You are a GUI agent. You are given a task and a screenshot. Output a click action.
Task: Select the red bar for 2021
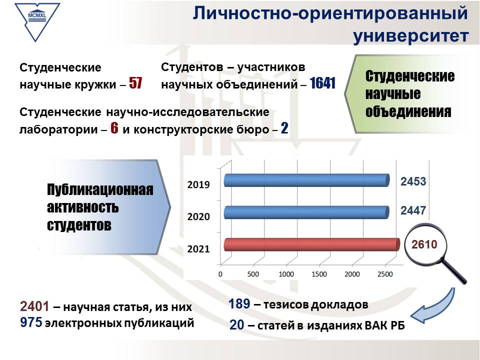pos(312,244)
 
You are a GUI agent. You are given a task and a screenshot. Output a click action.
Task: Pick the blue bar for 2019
pos(306,180)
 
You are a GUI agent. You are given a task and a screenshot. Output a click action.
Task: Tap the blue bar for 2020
pos(306,212)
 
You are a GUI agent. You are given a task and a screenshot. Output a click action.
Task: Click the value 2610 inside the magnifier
pos(424,244)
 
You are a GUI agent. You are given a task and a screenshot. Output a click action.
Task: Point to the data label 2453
pos(413,181)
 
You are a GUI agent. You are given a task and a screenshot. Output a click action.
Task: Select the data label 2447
pos(413,210)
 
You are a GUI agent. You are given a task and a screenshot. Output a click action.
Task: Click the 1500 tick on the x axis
pos(319,274)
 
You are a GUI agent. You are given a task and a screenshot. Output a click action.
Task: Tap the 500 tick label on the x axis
pos(253,274)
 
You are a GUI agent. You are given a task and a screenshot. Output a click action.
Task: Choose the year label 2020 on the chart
pos(198,216)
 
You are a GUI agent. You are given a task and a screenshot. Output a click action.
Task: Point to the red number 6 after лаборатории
pos(114,128)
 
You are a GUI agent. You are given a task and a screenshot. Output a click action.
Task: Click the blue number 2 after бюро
pos(284,128)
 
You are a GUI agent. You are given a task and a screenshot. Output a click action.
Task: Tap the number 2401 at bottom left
pos(34,306)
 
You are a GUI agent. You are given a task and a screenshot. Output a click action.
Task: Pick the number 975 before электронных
pos(31,322)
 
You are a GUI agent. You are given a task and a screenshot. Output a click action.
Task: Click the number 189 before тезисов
pos(239,304)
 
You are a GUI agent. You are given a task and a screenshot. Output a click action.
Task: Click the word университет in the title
pos(411,35)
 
